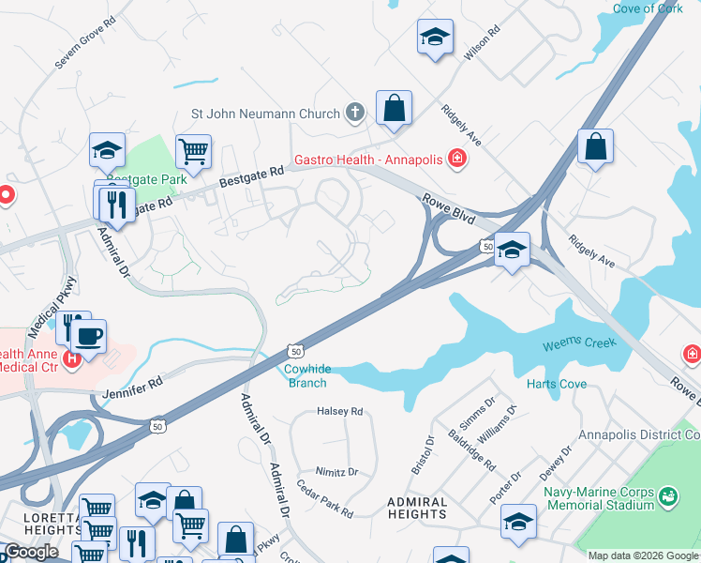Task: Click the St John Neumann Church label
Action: pyautogui.click(x=265, y=114)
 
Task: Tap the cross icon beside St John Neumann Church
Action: pyautogui.click(x=354, y=114)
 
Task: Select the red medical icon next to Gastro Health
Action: pyautogui.click(x=457, y=160)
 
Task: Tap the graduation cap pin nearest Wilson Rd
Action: pyautogui.click(x=435, y=38)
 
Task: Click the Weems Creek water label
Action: pyautogui.click(x=579, y=344)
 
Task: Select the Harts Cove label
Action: pyautogui.click(x=556, y=384)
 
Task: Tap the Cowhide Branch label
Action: pyautogui.click(x=306, y=376)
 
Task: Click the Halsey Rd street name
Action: pyautogui.click(x=339, y=411)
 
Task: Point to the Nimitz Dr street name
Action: pyautogui.click(x=339, y=472)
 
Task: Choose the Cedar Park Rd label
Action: pyautogui.click(x=324, y=500)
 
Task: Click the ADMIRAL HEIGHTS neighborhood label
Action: pyautogui.click(x=417, y=508)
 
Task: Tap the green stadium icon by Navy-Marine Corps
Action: pyautogui.click(x=667, y=495)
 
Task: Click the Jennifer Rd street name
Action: pyautogui.click(x=135, y=383)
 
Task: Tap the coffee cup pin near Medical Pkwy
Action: pyautogui.click(x=88, y=337)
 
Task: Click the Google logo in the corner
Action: pyautogui.click(x=30, y=552)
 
